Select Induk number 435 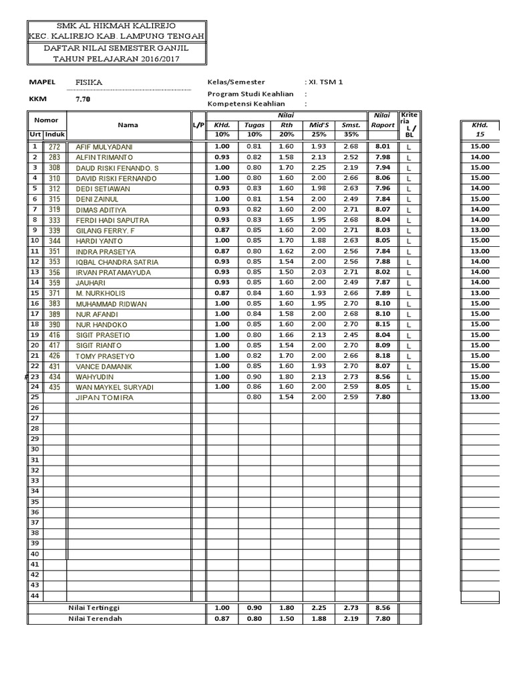pos(55,387)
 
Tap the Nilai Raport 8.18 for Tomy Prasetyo pos(383,355)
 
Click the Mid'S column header pos(318,125)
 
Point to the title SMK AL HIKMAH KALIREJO pos(116,24)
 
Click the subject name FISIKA pos(90,82)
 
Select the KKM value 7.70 pos(83,99)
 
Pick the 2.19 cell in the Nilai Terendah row pos(350,618)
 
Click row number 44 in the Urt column pos(35,595)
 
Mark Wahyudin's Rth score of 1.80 pos(287,377)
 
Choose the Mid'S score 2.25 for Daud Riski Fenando pos(318,167)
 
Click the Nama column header pos(128,124)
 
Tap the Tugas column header pos(254,125)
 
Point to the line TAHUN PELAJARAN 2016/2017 pos(116,59)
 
